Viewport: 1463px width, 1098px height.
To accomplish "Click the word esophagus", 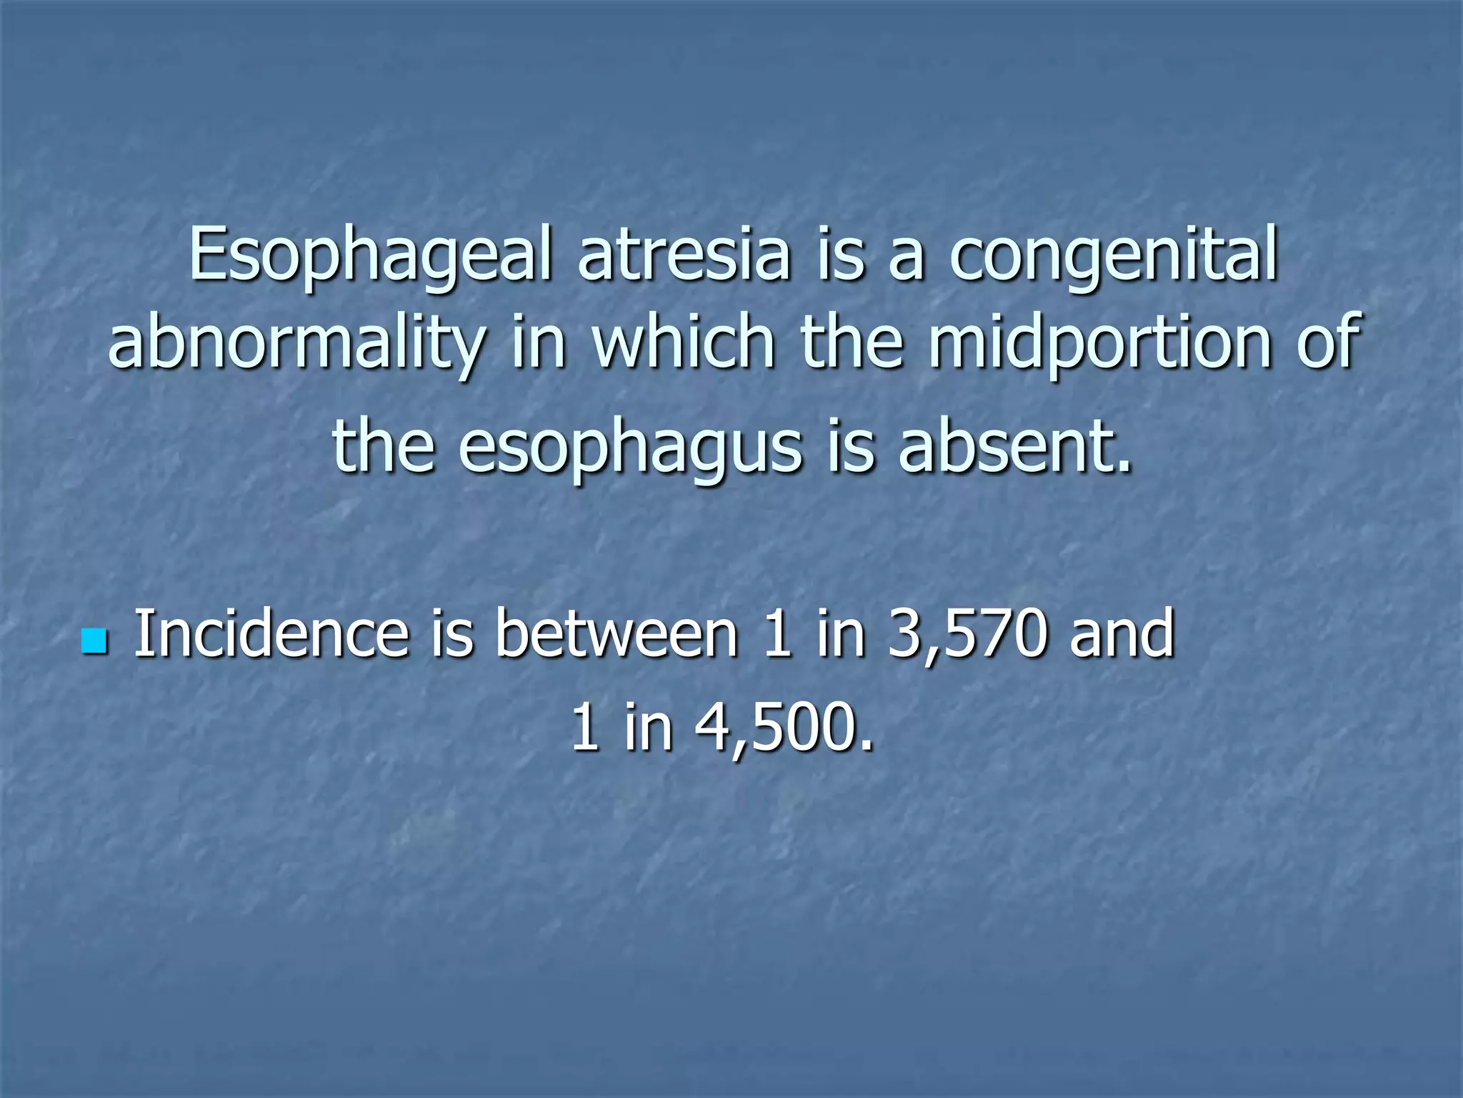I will tap(630, 447).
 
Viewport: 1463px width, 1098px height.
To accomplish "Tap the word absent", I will tap(1014, 447).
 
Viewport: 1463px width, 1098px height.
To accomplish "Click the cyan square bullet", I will tap(94, 641).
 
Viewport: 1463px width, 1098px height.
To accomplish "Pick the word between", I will tap(616, 633).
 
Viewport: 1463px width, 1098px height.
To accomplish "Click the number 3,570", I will tap(967, 633).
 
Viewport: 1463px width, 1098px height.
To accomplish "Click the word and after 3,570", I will tap(1122, 633).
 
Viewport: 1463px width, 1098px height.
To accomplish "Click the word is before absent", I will tap(850, 447).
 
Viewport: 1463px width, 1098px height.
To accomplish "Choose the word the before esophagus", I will tap(384, 447).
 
